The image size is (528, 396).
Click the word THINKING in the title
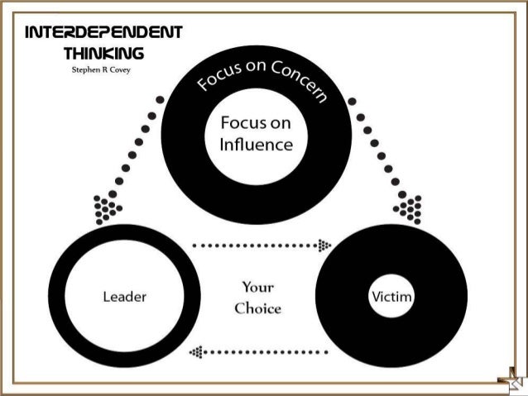pos(103,53)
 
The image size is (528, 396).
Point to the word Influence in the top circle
pos(257,145)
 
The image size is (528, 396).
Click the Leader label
pos(125,296)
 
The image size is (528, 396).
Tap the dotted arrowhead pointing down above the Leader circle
pos(108,209)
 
